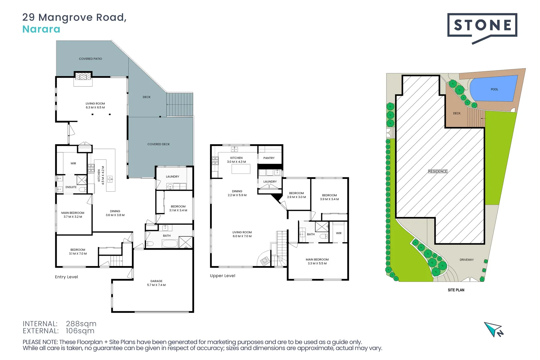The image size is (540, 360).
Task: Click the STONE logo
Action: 482,25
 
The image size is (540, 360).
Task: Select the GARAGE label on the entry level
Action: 156,281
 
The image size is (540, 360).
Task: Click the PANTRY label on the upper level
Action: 269,158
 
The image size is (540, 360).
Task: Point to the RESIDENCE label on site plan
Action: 438,171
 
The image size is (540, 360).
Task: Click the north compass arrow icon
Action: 493,329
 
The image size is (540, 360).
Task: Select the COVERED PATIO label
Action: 90,59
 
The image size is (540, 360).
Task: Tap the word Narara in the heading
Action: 41,29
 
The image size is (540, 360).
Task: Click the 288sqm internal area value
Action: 81,324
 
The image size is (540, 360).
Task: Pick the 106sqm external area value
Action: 80,331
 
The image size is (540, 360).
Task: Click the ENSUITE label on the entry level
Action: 71,187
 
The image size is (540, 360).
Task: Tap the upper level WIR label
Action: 339,233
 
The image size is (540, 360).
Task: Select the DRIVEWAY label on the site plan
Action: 466,260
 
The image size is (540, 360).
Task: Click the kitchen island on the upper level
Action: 241,169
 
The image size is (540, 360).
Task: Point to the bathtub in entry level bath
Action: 170,243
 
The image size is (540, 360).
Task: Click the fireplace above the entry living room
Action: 83,76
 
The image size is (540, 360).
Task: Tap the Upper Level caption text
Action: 223,276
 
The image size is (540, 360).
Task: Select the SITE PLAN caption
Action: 456,290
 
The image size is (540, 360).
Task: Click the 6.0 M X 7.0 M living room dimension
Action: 242,236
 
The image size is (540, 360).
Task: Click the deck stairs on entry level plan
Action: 180,104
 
